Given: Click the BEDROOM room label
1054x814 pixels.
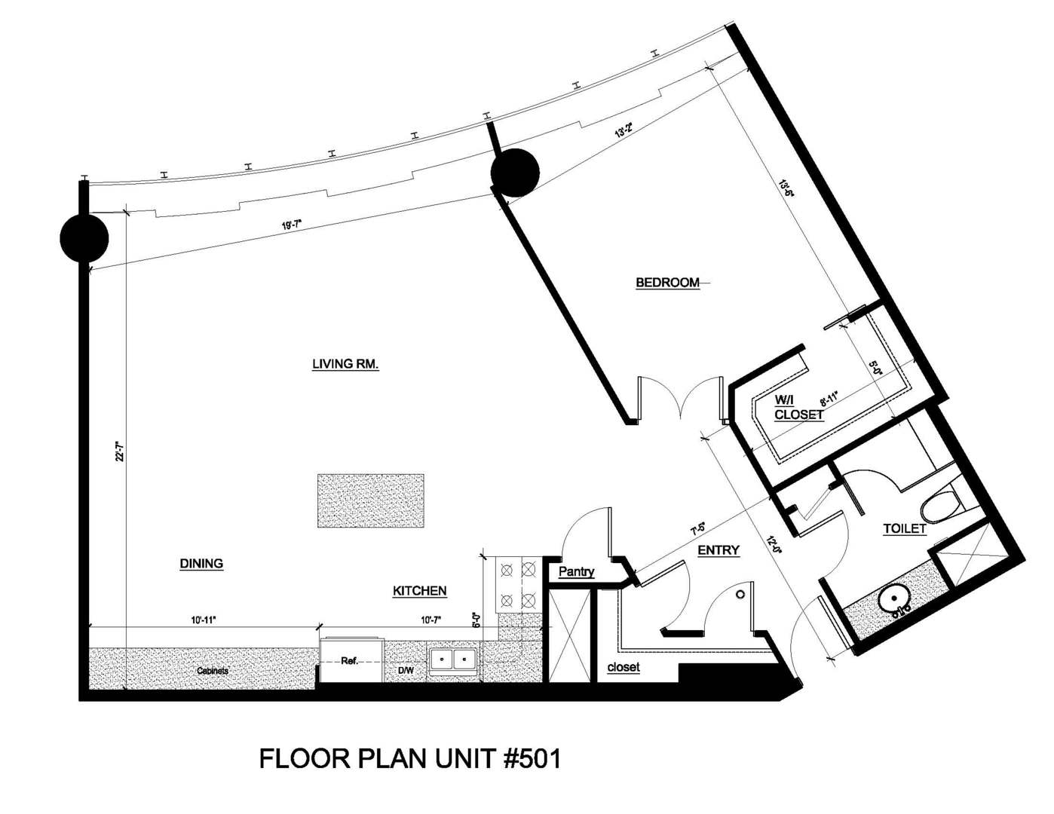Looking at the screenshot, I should (667, 283).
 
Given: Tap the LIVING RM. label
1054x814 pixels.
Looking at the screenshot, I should (345, 364).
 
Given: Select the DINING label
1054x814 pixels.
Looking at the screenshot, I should (201, 563).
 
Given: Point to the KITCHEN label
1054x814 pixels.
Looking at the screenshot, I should (420, 591).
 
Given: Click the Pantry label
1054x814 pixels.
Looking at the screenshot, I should (577, 572).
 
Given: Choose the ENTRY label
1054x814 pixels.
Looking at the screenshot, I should (718, 550).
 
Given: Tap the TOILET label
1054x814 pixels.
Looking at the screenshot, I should (904, 528).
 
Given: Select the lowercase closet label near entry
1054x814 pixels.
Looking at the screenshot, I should (624, 667).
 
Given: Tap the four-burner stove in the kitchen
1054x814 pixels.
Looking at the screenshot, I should (518, 585).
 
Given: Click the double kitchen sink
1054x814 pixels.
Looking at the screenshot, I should (454, 660).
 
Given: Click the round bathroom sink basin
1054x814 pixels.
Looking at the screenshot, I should (895, 602).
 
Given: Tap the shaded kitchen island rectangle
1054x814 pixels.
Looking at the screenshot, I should (370, 500).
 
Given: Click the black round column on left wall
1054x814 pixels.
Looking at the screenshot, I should (84, 237).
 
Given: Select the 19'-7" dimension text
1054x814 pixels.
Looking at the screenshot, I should (291, 225).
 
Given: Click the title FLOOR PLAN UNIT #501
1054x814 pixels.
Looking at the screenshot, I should (410, 758).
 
